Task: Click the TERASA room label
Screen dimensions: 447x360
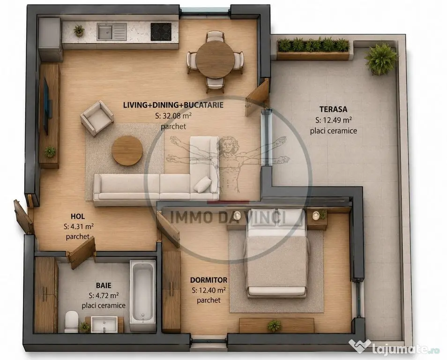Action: tap(333, 109)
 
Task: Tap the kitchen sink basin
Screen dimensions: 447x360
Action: tap(105, 31)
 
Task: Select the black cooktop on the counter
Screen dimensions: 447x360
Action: tap(161, 31)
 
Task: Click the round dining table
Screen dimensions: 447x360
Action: tap(215, 60)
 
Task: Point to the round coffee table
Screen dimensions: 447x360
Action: tap(127, 150)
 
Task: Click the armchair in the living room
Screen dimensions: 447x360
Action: tap(97, 118)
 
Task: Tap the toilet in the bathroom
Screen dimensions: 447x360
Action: tap(72, 322)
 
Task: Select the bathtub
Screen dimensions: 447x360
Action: tap(143, 292)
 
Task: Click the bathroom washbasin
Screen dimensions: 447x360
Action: tap(104, 324)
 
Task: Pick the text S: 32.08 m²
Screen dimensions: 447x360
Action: tap(173, 115)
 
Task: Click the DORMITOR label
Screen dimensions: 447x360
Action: tap(209, 280)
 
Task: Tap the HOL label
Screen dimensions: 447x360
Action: tap(77, 217)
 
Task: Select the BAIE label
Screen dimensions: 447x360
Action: tap(104, 285)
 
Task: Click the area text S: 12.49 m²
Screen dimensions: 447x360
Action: tap(333, 120)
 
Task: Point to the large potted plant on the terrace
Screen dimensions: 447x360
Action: tap(381, 59)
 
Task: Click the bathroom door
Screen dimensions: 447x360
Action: tap(81, 253)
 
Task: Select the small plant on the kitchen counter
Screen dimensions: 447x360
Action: tap(79, 30)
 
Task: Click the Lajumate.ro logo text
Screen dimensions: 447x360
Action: tap(401, 348)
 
